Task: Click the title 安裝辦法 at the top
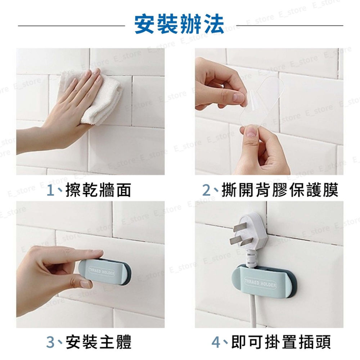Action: [179, 24]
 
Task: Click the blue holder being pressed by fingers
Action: [105, 272]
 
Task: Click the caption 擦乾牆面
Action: [98, 190]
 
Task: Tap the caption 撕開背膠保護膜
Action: [280, 190]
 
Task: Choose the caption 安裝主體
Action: [99, 342]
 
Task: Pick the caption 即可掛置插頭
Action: [281, 342]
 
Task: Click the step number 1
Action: [50, 190]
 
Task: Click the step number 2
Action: [207, 190]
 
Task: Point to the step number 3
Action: [51, 342]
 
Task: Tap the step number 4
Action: [216, 342]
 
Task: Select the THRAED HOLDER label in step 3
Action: [102, 271]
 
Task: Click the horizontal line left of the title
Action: [72, 26]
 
